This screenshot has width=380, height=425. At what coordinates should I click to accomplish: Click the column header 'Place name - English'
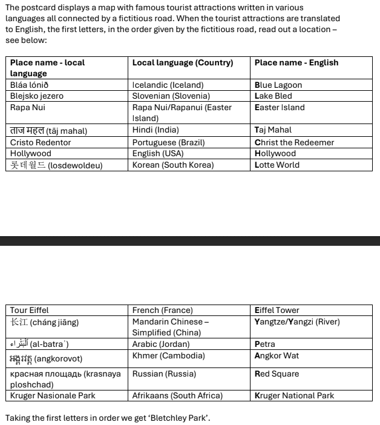click(296, 62)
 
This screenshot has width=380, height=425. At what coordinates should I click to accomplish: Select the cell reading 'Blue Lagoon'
click(278, 85)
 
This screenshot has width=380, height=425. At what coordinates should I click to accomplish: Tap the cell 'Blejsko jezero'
click(37, 96)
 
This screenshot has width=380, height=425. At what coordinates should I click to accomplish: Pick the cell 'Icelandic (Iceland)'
click(168, 85)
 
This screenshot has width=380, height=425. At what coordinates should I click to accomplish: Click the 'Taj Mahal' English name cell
click(273, 130)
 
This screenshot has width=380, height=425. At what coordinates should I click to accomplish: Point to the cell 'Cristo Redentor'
click(41, 142)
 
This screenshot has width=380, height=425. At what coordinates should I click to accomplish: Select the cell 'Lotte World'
click(277, 165)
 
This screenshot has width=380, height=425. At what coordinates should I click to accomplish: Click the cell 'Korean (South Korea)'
click(173, 165)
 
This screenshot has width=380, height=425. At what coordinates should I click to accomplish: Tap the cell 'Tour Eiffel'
click(30, 311)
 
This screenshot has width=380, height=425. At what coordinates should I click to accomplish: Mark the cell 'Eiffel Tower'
click(277, 311)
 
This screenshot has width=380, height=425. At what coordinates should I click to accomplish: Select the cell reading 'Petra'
click(264, 344)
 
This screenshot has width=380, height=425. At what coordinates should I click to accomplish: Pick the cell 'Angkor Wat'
click(277, 356)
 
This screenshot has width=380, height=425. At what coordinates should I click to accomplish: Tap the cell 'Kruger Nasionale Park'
click(53, 395)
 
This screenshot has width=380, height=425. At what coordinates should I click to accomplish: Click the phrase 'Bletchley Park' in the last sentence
click(180, 418)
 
